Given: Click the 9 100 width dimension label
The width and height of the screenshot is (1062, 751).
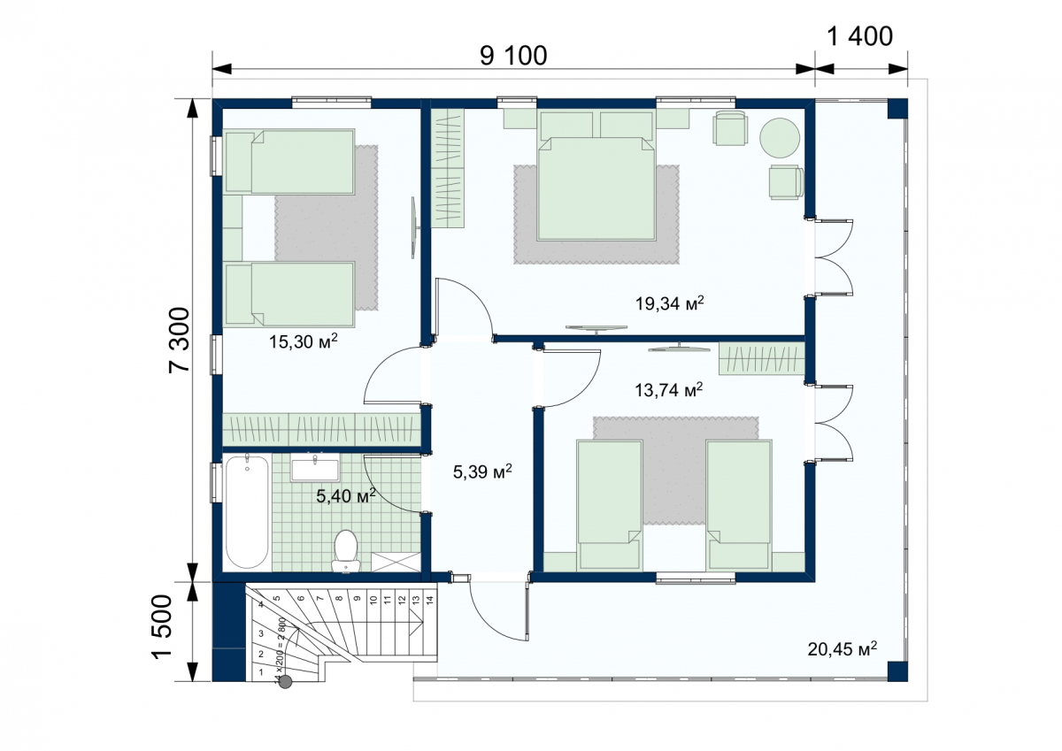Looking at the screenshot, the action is [513, 56].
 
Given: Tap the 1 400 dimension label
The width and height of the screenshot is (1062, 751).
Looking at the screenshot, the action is [859, 36].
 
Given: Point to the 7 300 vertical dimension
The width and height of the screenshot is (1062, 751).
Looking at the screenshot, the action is [180, 341].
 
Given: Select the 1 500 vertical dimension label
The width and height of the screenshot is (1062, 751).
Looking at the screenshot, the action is [162, 627].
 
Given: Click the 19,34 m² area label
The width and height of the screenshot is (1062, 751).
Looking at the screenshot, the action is [669, 303].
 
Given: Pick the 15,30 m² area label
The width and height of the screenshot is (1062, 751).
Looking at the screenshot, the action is [304, 341].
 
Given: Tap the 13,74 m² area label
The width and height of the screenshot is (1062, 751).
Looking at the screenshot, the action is [668, 390].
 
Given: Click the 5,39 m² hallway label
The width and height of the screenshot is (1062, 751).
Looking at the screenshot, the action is [482, 471].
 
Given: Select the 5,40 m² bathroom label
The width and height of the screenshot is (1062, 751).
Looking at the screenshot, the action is [346, 496].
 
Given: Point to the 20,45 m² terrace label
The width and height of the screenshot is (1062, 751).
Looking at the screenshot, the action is [842, 649].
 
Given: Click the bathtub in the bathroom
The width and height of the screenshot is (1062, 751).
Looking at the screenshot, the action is [247, 510].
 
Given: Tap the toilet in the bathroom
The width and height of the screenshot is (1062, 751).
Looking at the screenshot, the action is [346, 551].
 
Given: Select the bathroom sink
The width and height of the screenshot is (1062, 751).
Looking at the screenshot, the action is [315, 470].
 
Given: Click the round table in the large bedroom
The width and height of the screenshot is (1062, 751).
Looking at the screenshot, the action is [780, 138].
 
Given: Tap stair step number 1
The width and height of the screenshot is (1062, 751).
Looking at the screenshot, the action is [261, 672].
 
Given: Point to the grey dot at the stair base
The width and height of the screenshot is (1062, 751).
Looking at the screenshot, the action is [285, 682].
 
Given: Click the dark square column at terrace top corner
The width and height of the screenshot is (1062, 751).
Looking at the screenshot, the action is [897, 109].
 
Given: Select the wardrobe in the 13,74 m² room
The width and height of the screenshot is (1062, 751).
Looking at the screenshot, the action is [762, 358].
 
